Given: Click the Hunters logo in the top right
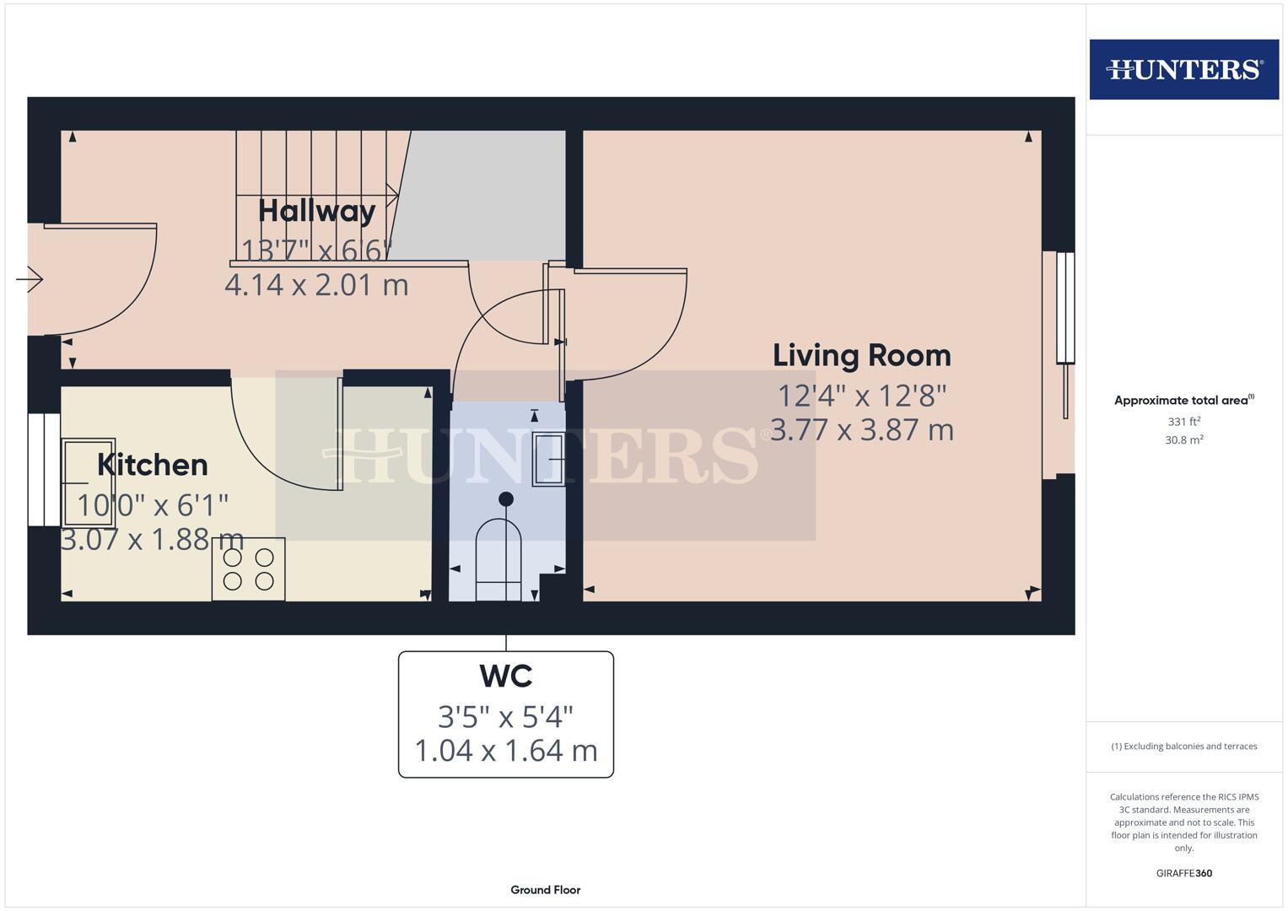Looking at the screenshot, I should [1183, 69].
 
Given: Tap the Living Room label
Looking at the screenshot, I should [861, 355].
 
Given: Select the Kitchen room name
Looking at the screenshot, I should [153, 465].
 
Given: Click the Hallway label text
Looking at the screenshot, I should [316, 211].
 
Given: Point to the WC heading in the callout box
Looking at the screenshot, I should [505, 676].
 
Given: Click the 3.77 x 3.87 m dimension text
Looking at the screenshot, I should [861, 430].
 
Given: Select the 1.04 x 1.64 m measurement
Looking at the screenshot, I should [505, 750].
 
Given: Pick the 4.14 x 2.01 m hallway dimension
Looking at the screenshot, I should [316, 285].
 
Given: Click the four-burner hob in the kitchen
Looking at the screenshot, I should [248, 569].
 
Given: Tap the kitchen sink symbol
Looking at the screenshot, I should [89, 482].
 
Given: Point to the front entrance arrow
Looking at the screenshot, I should [30, 278].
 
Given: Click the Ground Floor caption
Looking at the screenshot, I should [545, 890].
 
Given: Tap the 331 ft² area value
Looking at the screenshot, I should [1183, 421].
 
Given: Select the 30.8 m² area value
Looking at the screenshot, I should [1183, 439].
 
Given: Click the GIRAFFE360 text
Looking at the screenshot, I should [1183, 873].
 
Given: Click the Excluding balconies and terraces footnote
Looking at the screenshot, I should [1183, 747].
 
